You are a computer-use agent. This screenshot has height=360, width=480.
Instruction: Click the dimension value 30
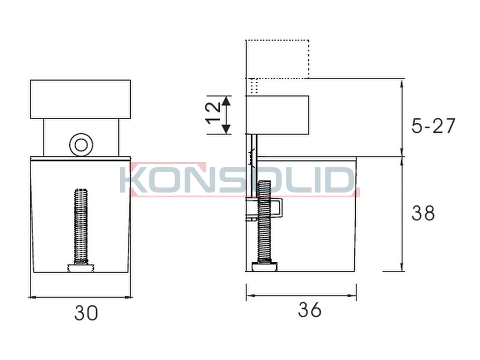(x=86, y=313)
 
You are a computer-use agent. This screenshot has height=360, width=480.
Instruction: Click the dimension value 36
(x=309, y=309)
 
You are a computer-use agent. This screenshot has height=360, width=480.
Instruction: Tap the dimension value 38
(x=423, y=213)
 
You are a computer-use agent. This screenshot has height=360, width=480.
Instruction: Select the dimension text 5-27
(x=433, y=125)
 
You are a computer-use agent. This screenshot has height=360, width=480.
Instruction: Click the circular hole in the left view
(x=81, y=145)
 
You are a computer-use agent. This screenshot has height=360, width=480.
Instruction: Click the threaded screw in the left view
(x=81, y=226)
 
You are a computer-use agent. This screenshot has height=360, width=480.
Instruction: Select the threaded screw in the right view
(x=264, y=221)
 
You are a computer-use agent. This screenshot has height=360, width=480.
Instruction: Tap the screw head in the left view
(x=81, y=268)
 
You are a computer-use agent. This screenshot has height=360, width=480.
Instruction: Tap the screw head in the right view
(x=265, y=266)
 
